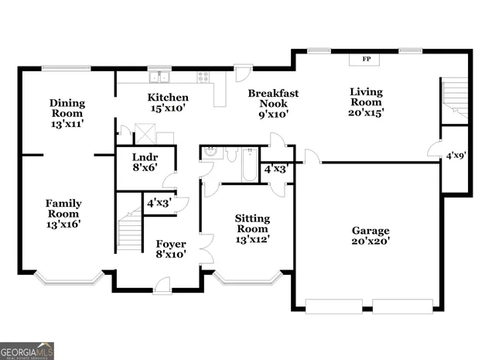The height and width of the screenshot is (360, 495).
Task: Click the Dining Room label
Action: [x=67, y=113]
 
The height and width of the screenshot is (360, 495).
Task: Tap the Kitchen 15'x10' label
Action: [x=168, y=103]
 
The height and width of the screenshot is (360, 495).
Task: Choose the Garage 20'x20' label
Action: [x=370, y=235]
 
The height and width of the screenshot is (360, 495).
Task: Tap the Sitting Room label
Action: [x=252, y=228]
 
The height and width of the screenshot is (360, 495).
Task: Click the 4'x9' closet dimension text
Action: [x=455, y=156]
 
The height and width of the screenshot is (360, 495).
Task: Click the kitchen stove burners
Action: [x=204, y=76]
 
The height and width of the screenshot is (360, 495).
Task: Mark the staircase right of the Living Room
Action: [x=454, y=100]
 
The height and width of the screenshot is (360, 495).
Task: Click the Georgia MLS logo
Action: [x=27, y=351]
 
